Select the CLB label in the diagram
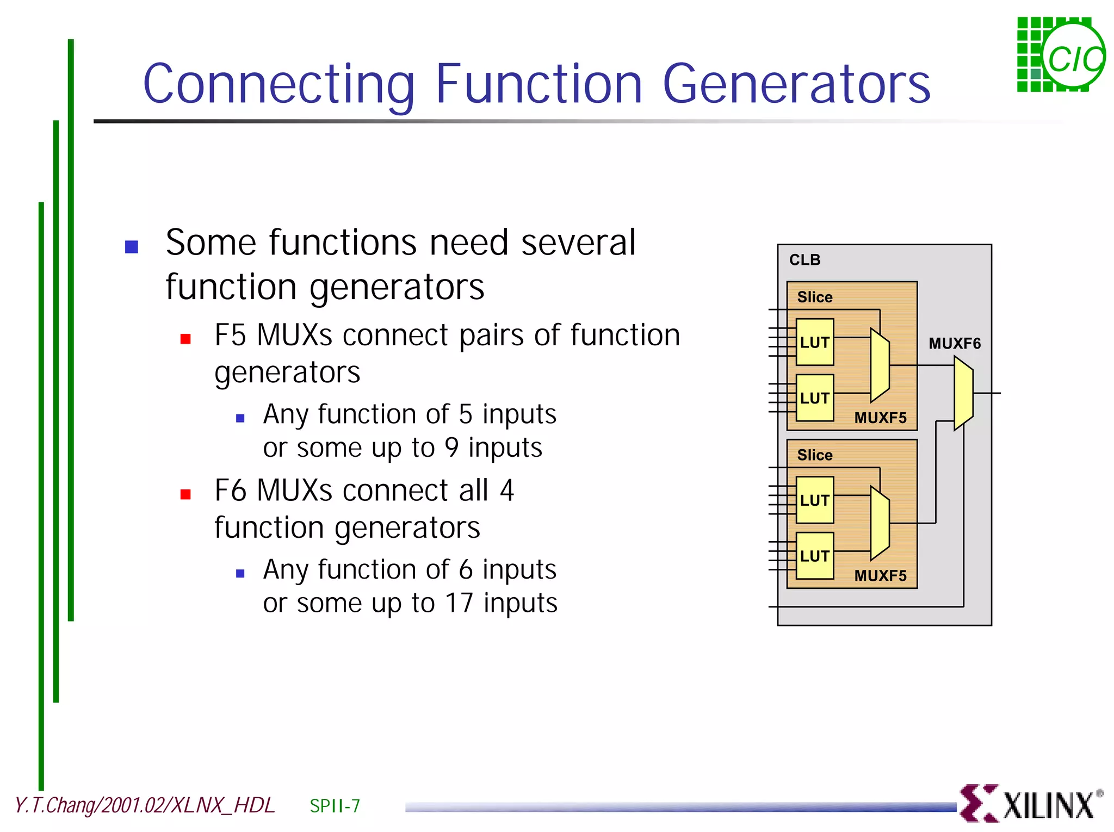(x=804, y=260)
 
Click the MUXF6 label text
(x=954, y=344)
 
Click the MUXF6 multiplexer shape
(x=963, y=393)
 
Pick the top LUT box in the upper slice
(x=814, y=342)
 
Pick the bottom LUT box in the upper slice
(x=814, y=398)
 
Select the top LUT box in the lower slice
(x=814, y=500)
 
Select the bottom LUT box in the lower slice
(x=814, y=556)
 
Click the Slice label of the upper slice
(x=814, y=297)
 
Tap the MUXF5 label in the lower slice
(x=880, y=576)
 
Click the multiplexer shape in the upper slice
(x=880, y=365)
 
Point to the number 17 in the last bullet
(x=459, y=603)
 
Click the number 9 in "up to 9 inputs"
(x=452, y=448)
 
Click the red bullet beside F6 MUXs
(x=185, y=494)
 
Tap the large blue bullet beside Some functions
(x=132, y=247)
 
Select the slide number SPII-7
(x=335, y=805)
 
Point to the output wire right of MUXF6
(x=988, y=393)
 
